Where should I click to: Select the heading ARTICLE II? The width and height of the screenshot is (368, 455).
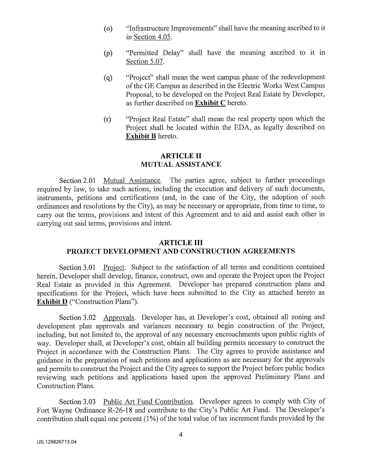181,155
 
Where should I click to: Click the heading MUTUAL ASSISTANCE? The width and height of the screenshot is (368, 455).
181,164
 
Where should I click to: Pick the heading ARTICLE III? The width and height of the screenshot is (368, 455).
181,243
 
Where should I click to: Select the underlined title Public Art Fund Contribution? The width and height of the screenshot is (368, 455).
149,402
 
